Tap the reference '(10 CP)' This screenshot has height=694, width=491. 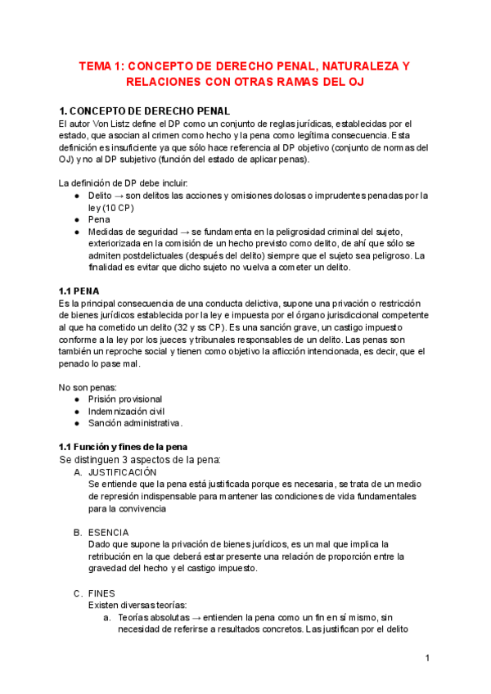pyautogui.click(x=119, y=208)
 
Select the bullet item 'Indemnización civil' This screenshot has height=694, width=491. pyautogui.click(x=126, y=411)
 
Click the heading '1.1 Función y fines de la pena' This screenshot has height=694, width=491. pyautogui.click(x=124, y=447)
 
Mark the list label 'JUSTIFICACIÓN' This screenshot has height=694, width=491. pyautogui.click(x=122, y=472)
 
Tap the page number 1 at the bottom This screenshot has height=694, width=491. pyautogui.click(x=428, y=658)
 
